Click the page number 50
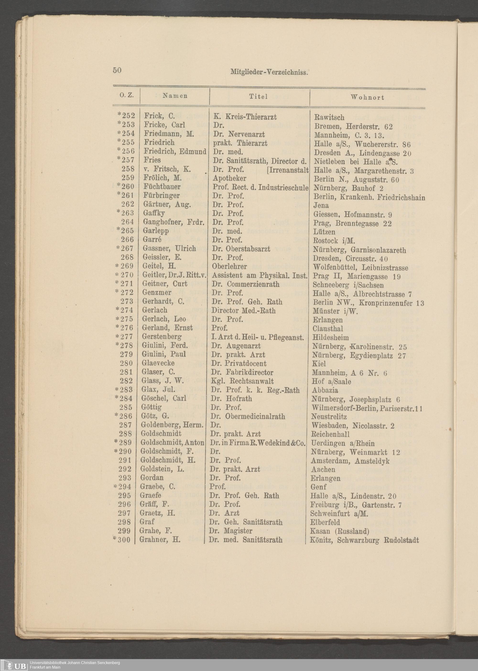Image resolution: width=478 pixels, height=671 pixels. tap(117, 70)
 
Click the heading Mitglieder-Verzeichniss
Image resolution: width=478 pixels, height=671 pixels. tap(269, 72)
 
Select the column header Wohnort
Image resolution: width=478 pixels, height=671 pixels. tap(367, 97)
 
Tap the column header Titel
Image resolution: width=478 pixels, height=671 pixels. tap(258, 97)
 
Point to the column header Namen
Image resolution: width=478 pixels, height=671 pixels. tap(175, 96)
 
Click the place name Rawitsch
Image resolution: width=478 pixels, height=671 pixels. tap(329, 117)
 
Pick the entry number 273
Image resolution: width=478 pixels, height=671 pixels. tap(127, 301)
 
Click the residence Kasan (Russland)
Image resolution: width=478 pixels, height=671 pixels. tap(339, 531)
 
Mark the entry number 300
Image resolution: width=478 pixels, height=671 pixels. tap(124, 540)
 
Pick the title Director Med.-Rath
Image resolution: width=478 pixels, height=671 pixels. tap(243, 310)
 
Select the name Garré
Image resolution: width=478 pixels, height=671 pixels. tap(152, 240)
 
